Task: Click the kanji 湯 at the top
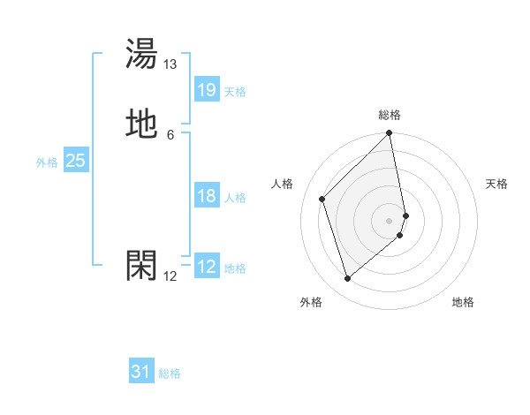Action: [x=142, y=54]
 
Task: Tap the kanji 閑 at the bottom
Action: [x=142, y=265]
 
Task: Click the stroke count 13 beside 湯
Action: [x=170, y=64]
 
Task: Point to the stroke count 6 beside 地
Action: [x=170, y=135]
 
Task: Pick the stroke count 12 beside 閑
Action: [x=170, y=276]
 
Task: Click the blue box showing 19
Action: [x=207, y=90]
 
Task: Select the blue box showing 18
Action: [x=207, y=196]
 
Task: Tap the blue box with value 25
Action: [x=76, y=161]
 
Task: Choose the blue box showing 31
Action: [x=141, y=372]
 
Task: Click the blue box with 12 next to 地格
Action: [x=207, y=267]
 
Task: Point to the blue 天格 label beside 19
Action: [x=235, y=92]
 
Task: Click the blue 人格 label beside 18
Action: [x=235, y=198]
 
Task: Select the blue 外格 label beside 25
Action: [x=47, y=162]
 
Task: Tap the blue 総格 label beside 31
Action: [x=170, y=373]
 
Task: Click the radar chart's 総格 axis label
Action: [x=390, y=115]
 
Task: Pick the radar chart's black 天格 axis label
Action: [x=496, y=184]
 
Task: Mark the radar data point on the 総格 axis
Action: [x=390, y=133]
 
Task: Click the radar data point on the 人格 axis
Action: [x=322, y=199]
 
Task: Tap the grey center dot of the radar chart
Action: [x=390, y=220]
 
